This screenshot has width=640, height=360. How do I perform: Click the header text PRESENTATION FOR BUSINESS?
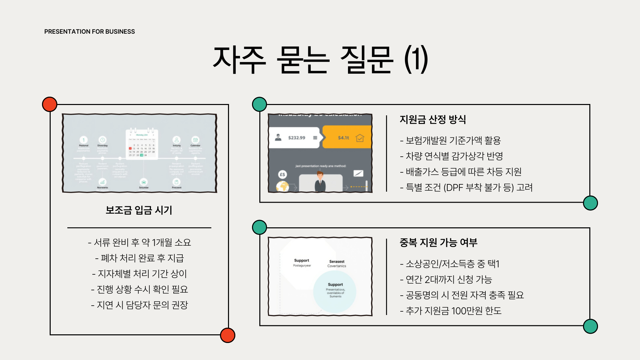coord(89,32)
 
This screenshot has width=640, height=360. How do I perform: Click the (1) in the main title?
coord(416,60)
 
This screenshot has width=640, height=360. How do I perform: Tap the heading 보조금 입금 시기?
coord(139,210)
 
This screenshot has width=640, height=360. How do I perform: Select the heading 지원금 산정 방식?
coord(433,119)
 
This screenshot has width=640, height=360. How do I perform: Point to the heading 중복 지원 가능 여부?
coord(438,242)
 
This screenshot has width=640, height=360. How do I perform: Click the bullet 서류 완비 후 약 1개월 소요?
coord(139,242)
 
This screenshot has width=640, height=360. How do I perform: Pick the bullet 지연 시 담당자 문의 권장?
coord(139,305)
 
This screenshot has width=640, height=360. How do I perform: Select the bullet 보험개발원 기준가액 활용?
coord(450,140)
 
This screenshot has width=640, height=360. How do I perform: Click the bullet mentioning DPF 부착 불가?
coord(466,187)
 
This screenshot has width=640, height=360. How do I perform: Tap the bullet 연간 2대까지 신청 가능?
coord(446,279)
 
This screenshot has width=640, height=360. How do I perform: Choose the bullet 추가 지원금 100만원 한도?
coord(450,311)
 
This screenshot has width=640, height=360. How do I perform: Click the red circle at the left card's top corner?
coord(50,104)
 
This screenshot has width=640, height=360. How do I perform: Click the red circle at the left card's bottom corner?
coord(228,335)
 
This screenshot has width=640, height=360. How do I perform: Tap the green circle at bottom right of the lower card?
coord(590,326)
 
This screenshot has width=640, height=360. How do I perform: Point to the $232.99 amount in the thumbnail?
coord(296,138)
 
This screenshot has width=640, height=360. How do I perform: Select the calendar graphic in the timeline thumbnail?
coord(142,144)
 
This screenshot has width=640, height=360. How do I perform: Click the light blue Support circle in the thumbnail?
coord(335,291)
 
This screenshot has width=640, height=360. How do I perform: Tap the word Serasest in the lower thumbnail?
coord(337,262)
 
